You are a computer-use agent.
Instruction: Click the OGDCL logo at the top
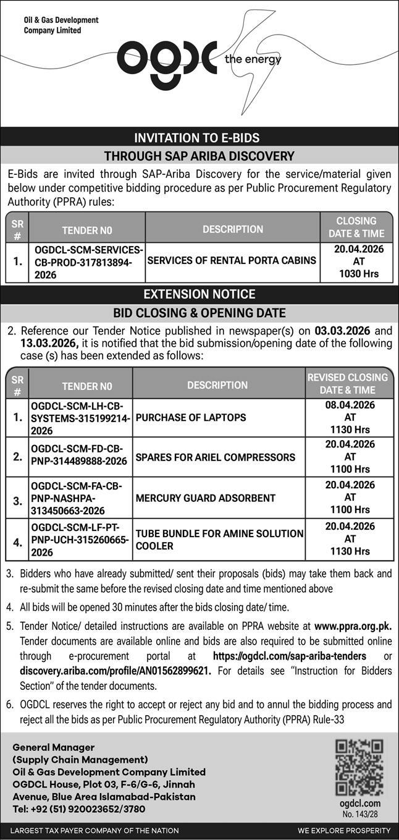pos(167,57)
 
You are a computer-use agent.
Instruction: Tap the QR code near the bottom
pos(359,767)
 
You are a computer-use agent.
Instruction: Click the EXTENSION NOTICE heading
pos(199,294)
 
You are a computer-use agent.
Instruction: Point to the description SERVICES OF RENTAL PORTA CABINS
pos(232,260)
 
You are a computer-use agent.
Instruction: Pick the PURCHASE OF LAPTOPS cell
pos(191,417)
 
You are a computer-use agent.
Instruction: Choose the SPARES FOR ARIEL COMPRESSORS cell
pos(216,457)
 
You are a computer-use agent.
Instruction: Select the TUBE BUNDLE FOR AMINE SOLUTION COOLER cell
pos(219,540)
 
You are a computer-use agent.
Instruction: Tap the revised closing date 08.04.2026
pos(350,405)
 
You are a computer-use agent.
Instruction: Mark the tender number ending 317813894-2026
pos(86,261)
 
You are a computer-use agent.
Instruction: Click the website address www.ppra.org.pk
pos(353,626)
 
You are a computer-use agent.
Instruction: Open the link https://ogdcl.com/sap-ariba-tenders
pos(289,656)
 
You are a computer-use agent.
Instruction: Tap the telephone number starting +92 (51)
pos(79,808)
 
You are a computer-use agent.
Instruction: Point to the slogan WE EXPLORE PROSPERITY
pos(343,830)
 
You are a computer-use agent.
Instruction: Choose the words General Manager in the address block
pos(54,747)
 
